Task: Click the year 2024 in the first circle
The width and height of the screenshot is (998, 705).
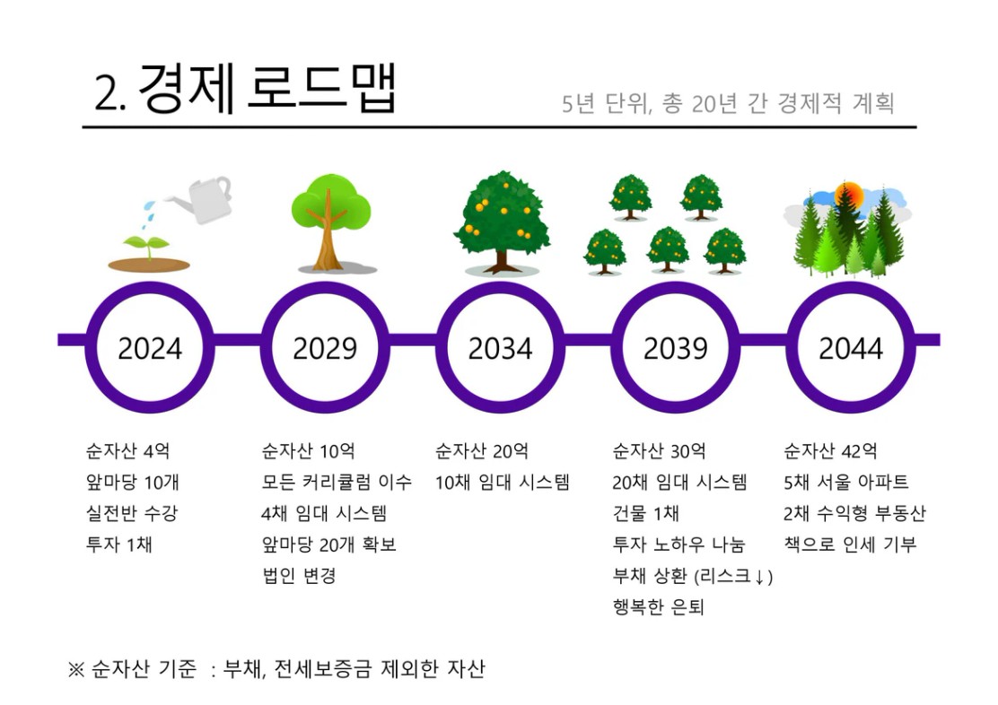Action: click(150, 348)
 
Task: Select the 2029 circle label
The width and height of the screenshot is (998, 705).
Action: click(325, 348)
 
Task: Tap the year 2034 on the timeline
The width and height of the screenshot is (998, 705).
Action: click(500, 348)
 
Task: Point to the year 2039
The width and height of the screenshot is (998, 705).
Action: click(675, 348)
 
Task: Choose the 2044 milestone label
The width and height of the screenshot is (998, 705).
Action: click(851, 348)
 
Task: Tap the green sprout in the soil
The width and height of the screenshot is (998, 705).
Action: click(148, 245)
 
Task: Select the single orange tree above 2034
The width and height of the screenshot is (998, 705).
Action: click(503, 222)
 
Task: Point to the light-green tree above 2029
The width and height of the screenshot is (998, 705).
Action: click(331, 222)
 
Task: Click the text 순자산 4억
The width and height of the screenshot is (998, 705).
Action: click(128, 451)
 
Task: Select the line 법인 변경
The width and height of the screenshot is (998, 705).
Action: click(299, 576)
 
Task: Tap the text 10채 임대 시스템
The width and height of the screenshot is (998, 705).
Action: click(503, 483)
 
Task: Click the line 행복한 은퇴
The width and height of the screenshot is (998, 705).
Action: click(658, 607)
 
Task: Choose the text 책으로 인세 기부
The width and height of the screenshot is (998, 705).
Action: click(850, 544)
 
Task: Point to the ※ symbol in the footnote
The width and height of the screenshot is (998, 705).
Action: click(75, 669)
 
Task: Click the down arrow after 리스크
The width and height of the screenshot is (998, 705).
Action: click(759, 577)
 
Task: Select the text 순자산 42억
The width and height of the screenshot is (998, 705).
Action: click(830, 451)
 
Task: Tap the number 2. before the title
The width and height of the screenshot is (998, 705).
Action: click(110, 95)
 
